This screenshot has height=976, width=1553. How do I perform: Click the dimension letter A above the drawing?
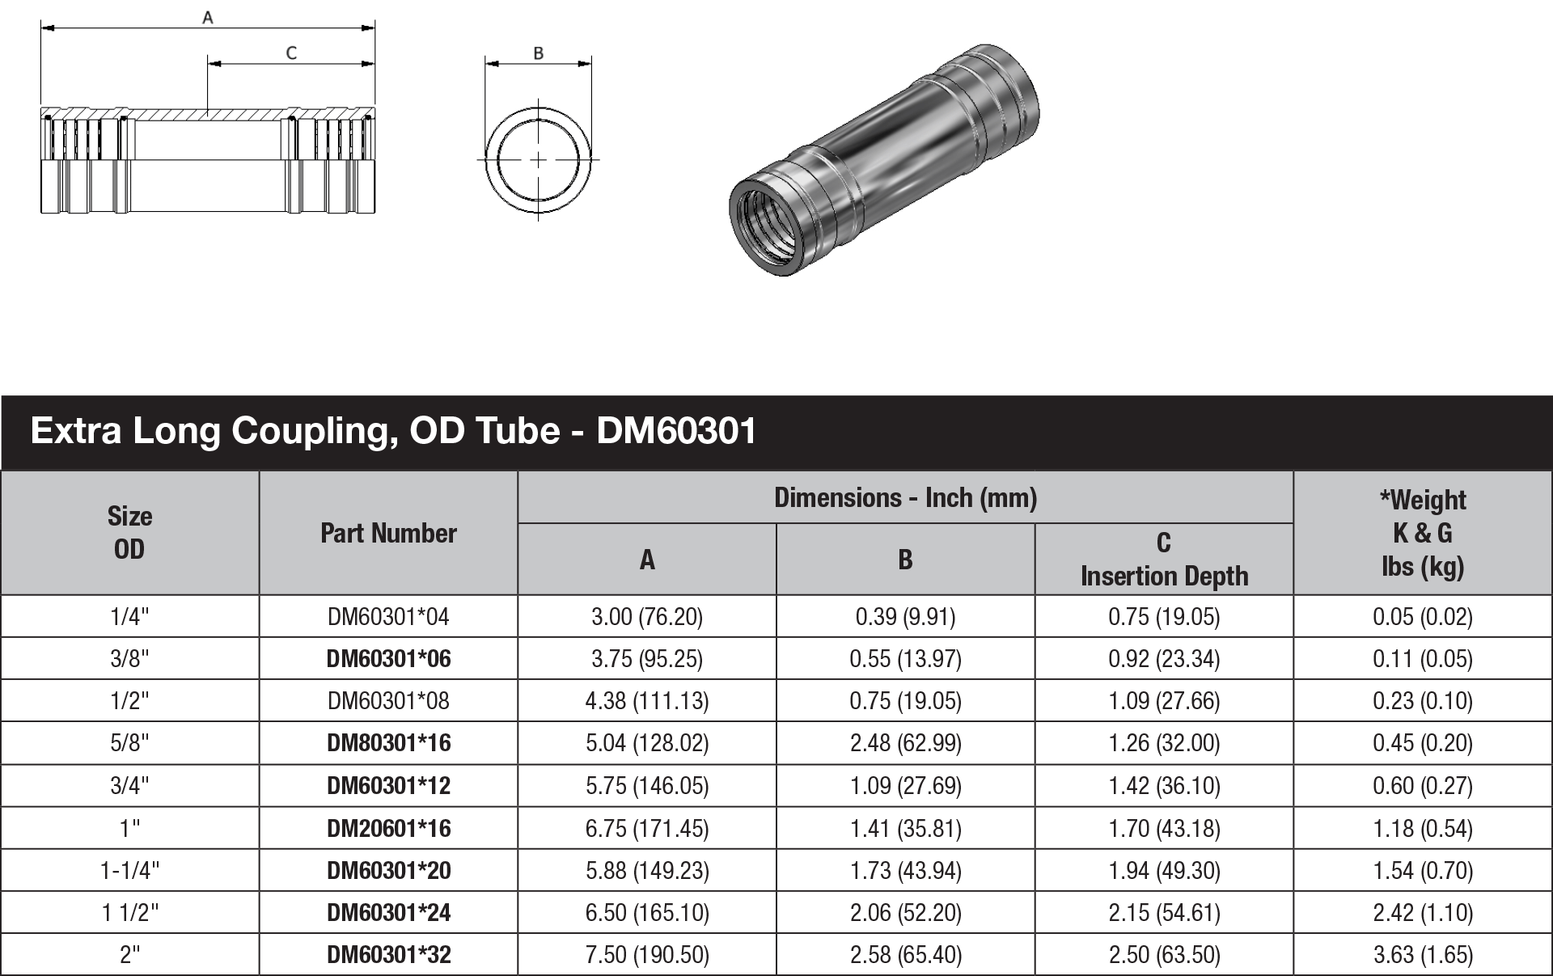click(x=208, y=17)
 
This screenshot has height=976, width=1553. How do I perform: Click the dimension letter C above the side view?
click(x=291, y=53)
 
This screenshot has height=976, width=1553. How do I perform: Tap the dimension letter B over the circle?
click(x=539, y=53)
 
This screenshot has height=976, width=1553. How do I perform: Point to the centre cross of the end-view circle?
click(x=539, y=160)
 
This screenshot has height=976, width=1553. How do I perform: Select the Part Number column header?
click(x=388, y=533)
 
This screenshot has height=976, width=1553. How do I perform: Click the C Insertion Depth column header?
click(x=1164, y=559)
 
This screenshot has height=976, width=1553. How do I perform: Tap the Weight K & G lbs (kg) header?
click(x=1422, y=533)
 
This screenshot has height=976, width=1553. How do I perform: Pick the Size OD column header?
click(x=129, y=533)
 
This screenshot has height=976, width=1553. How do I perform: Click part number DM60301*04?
click(x=388, y=617)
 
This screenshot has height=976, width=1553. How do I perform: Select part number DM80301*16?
click(x=388, y=743)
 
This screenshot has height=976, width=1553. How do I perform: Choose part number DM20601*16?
click(x=388, y=828)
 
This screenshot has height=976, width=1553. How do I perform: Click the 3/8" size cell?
click(x=129, y=659)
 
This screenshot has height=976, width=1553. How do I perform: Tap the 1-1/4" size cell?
click(x=129, y=870)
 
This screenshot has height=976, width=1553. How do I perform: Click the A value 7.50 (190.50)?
click(x=647, y=955)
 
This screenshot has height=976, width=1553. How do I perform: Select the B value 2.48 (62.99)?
click(x=905, y=743)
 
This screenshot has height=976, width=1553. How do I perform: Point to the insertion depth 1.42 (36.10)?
click(x=1164, y=785)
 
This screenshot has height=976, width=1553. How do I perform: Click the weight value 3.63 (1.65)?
click(x=1422, y=955)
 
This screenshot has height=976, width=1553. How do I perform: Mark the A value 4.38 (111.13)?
click(x=647, y=701)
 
